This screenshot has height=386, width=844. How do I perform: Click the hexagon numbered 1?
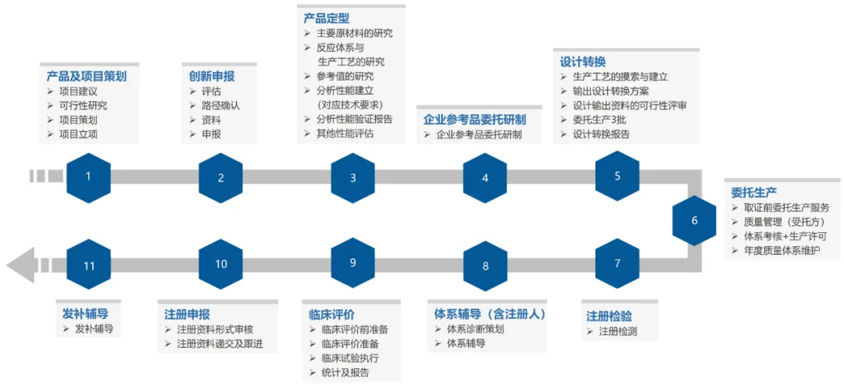click(88, 177)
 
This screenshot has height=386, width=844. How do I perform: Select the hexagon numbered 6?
click(694, 220)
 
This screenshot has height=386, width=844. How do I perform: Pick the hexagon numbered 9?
click(352, 263)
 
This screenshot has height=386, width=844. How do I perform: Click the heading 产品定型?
click(327, 18)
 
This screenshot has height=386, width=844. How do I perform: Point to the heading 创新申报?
click(211, 76)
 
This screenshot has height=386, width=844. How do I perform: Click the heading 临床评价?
click(332, 314)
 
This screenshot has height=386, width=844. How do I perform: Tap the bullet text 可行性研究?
click(84, 105)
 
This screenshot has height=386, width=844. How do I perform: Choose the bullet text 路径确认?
click(221, 105)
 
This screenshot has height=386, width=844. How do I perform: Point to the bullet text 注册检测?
click(618, 331)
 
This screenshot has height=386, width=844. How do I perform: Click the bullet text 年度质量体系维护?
click(784, 251)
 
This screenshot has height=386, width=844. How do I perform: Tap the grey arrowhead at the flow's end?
click(20, 265)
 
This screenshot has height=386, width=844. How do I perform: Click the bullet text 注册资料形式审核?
click(220, 330)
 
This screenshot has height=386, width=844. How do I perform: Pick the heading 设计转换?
click(583, 62)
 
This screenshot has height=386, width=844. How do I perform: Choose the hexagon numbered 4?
click(485, 177)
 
